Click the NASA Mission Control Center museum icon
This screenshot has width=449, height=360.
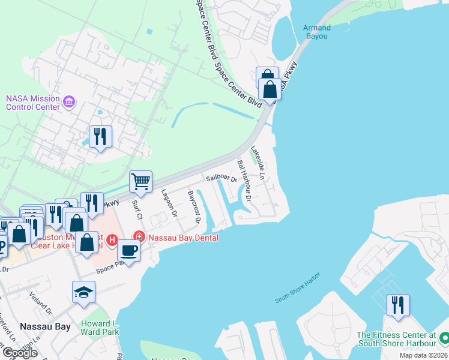(70, 103)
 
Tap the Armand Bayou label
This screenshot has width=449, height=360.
(316, 32)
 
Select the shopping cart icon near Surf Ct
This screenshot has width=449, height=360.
(140, 181)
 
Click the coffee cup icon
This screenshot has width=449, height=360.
(128, 251)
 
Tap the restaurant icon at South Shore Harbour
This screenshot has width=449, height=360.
(397, 305)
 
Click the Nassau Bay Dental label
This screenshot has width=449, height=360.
(182, 238)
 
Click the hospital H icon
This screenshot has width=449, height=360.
(111, 241)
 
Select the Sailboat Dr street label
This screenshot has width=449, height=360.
(221, 178)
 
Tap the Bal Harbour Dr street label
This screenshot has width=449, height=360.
(243, 172)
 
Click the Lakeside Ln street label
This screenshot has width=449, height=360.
(258, 163)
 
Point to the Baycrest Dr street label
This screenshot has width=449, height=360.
(193, 206)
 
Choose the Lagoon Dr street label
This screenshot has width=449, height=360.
(169, 203)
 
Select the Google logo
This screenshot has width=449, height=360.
(20, 353)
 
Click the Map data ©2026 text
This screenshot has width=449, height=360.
(423, 355)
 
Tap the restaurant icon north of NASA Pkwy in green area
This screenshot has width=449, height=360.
(100, 137)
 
